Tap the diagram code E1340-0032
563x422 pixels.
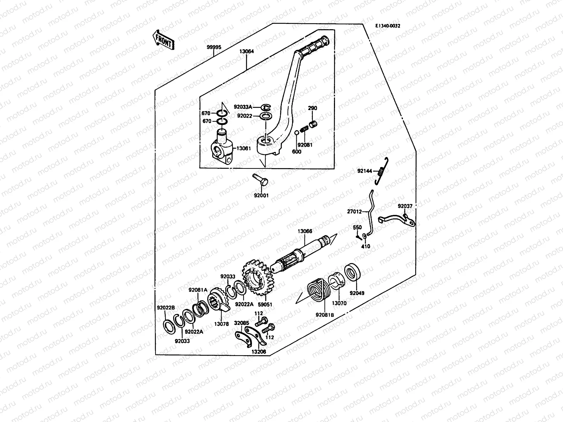[x=387, y=26]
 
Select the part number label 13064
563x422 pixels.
[x=246, y=51]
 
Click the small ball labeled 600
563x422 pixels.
[x=297, y=133]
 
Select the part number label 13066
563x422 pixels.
[x=305, y=231]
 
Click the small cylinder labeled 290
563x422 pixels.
[x=313, y=124]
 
